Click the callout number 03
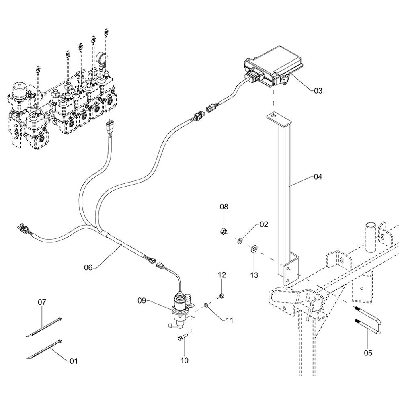point(318,91)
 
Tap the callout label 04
point(318,176)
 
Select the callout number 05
point(368,353)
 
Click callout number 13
point(254,275)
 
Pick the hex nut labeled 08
point(224,231)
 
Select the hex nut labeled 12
point(221,297)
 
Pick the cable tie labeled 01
point(44,349)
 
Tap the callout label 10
point(184,361)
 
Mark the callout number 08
point(224,207)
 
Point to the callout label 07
point(42,302)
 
